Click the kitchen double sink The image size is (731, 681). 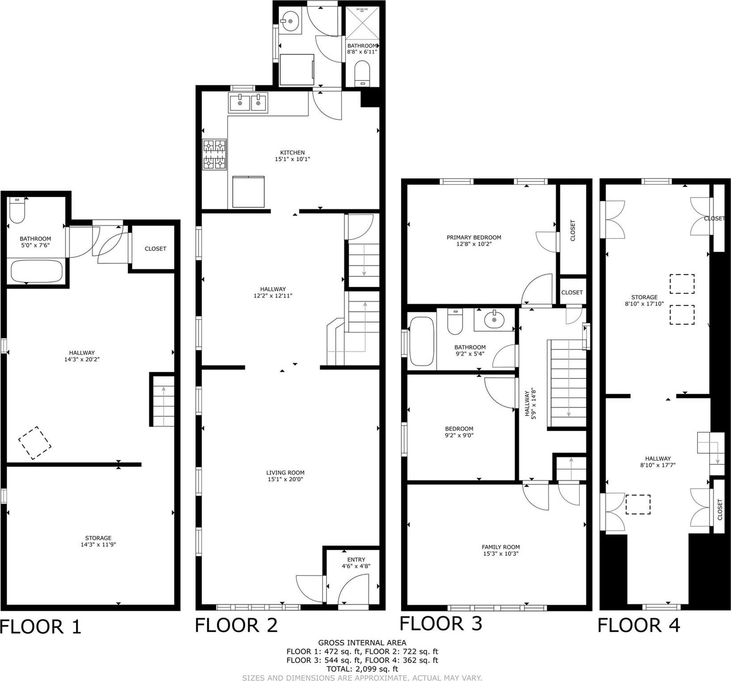pyautogui.click(x=248, y=103)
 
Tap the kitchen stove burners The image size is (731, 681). pyautogui.click(x=215, y=154)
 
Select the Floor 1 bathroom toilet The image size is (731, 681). pyautogui.click(x=17, y=212)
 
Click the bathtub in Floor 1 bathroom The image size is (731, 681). pyautogui.click(x=36, y=271)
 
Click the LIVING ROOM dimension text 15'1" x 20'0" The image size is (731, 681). pyautogui.click(x=285, y=479)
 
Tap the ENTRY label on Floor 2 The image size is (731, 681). pyautogui.click(x=356, y=559)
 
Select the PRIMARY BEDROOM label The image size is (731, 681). pyautogui.click(x=474, y=237)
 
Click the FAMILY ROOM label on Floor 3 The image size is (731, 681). pyautogui.click(x=501, y=547)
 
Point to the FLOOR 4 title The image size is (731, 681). pyautogui.click(x=638, y=625)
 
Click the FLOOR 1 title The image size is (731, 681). pyautogui.click(x=41, y=626)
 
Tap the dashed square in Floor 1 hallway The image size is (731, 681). pyautogui.click(x=34, y=443)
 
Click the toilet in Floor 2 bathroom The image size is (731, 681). pyautogui.click(x=363, y=73)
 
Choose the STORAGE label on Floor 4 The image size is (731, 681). pyautogui.click(x=644, y=297)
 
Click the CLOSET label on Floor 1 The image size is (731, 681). pyautogui.click(x=155, y=248)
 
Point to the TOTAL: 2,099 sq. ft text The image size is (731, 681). pyautogui.click(x=362, y=669)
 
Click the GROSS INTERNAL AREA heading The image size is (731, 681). pyautogui.click(x=362, y=643)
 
